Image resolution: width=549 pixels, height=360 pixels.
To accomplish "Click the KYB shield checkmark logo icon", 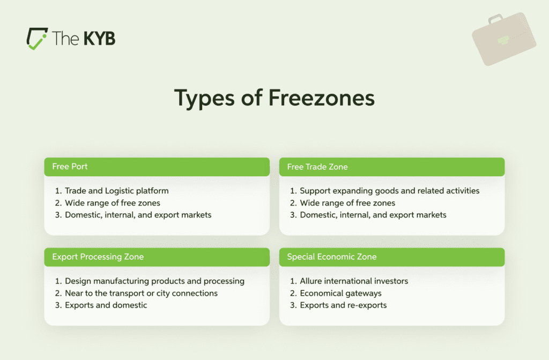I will point(37,39).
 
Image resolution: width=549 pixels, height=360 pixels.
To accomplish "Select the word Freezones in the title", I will point(321,99).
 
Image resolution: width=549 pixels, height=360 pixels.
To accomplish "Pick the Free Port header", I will point(70,167).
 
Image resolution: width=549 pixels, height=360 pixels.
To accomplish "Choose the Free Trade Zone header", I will point(317,167).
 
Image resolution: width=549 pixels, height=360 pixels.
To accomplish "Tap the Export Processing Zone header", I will point(98,257).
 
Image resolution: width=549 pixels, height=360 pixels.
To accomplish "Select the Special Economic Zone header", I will point(331,257).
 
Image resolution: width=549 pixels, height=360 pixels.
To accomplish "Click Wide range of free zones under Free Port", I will point(112,203).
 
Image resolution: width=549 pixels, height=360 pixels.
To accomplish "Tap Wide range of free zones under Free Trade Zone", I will point(347,203).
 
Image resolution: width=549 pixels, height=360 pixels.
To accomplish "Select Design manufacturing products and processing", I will point(154,281).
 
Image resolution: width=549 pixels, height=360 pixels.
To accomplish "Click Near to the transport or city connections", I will point(141,293).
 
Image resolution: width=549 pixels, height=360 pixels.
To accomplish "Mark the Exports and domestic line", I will point(106,305).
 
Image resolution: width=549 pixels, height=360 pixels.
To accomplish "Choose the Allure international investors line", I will point(354,281).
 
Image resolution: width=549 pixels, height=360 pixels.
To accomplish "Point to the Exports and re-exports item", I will point(343,305).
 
